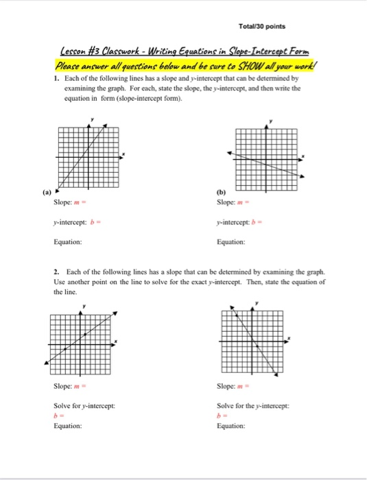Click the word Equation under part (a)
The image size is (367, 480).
68,241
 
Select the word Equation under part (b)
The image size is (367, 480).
230,241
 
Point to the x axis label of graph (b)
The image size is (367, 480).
304,156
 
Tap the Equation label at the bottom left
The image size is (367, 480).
68,425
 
